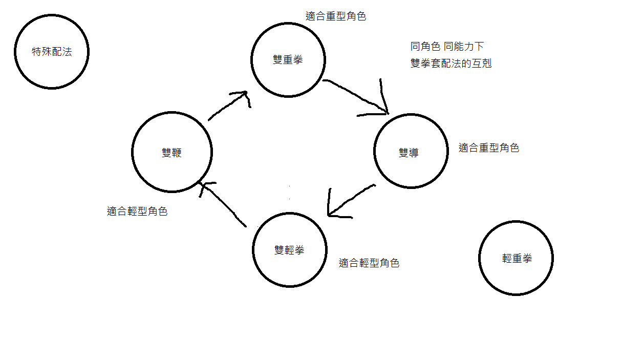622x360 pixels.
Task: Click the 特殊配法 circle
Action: (52, 52)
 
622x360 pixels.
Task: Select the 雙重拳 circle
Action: (288, 59)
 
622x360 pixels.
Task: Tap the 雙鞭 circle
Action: (171, 152)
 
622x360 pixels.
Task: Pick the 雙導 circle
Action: (411, 152)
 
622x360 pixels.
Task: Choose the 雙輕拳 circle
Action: (289, 250)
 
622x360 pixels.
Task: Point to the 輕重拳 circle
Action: (516, 258)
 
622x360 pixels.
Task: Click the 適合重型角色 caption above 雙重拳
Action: (336, 16)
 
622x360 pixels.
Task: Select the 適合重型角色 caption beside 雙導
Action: (489, 149)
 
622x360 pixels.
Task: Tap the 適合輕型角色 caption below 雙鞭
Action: (137, 211)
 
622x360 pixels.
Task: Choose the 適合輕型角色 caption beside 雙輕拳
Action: (369, 263)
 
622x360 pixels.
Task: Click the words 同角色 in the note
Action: (425, 47)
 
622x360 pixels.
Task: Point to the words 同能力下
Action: (464, 47)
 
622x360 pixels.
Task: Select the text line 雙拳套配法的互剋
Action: (451, 64)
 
